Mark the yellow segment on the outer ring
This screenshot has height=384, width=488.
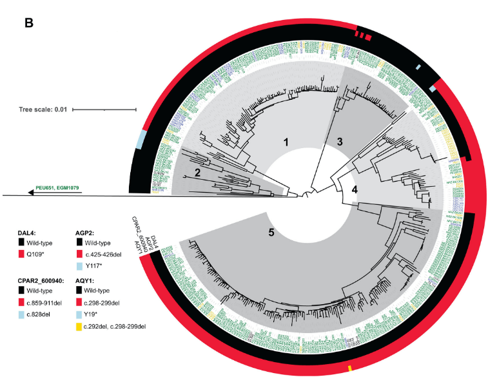(x=349, y=368)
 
